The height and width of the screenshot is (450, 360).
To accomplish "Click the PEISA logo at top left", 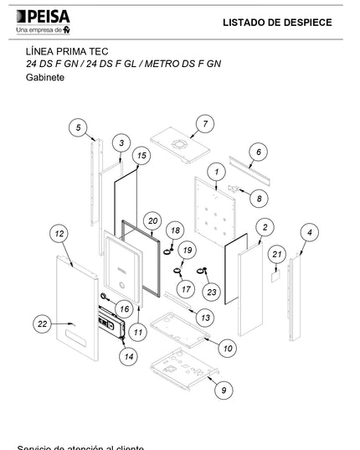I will [x=43, y=22].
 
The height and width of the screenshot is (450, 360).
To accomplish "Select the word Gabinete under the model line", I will [x=45, y=77].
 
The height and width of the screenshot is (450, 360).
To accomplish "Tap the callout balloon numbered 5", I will [x=80, y=127].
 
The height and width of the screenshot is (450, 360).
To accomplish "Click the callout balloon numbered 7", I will [x=203, y=124].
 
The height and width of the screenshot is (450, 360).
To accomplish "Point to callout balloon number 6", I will [x=259, y=152].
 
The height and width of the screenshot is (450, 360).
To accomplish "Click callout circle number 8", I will [x=259, y=199].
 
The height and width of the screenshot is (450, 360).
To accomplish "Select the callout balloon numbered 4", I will [x=309, y=231].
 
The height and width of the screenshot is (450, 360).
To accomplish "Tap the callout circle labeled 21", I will [x=277, y=254].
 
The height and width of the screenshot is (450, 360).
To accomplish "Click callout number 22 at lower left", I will [x=44, y=323].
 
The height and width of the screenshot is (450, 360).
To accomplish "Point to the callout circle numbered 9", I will [x=222, y=390].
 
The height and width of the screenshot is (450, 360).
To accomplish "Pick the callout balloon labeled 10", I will [x=229, y=347].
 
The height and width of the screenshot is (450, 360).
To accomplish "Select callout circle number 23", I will [x=211, y=292].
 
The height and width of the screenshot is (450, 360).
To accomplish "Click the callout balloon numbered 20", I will [x=152, y=220].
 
